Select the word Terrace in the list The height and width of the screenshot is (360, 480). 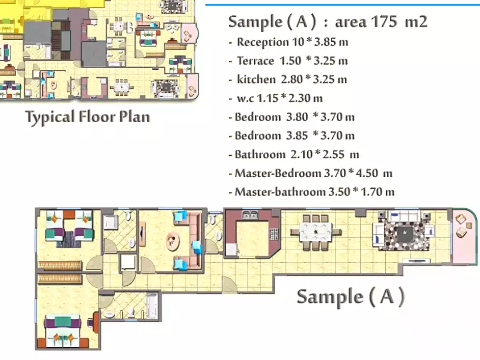(255, 61)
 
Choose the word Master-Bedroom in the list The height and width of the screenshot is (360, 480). (278, 173)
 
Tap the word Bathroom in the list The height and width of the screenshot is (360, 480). (260, 154)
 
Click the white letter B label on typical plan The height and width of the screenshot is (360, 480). (130, 29)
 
